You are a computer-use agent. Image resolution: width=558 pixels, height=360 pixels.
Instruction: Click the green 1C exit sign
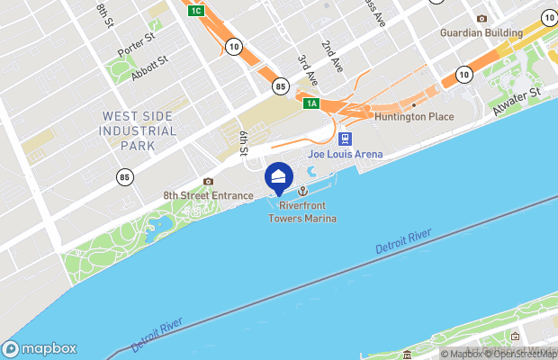196,11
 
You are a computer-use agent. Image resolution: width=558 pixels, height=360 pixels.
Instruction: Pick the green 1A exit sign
311,103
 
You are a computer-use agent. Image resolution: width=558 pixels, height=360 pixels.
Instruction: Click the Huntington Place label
414,117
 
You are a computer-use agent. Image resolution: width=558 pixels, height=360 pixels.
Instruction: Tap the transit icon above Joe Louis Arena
345,139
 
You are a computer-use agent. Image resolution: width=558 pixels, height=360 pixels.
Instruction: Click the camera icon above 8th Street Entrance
209,181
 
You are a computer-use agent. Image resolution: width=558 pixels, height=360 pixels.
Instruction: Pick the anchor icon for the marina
302,191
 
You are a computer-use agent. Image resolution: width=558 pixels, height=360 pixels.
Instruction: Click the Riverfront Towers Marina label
301,211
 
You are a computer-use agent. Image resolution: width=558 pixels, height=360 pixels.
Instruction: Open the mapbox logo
40,349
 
